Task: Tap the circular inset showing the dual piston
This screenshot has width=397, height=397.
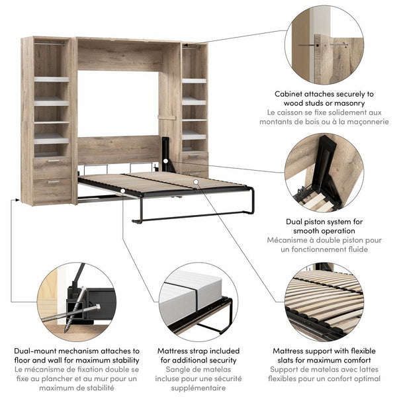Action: tap(324, 172)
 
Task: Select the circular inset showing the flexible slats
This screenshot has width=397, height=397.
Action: tap(324, 301)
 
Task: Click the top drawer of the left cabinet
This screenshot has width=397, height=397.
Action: tap(52, 163)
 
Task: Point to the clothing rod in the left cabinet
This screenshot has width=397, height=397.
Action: tap(52, 44)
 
